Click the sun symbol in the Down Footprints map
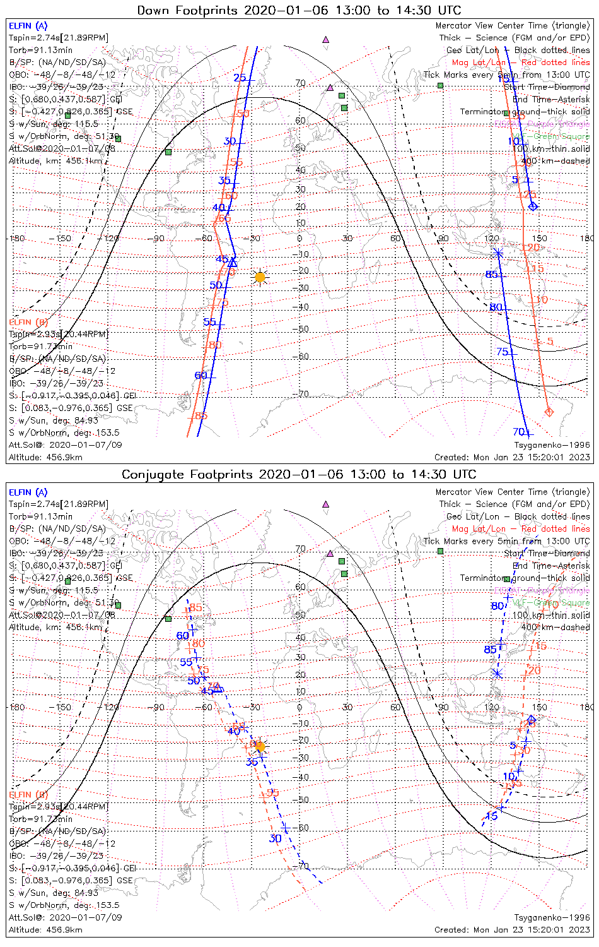[260, 277]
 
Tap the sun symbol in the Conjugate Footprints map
[260, 746]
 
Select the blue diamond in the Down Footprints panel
[533, 206]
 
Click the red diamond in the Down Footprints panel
[549, 412]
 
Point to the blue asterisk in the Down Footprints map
[498, 253]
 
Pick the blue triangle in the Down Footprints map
[233, 261]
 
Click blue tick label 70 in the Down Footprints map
[519, 432]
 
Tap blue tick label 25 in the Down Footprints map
[240, 78]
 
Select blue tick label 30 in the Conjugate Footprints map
[275, 838]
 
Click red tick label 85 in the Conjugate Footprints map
[195, 608]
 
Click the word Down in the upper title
[154, 10]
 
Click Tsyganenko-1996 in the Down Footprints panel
[552, 445]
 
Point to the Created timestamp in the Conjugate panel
[512, 929]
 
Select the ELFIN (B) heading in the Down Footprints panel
[28, 323]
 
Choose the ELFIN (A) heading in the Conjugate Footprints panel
[28, 492]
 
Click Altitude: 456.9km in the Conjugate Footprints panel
[45, 929]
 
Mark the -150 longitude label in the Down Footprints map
[63, 239]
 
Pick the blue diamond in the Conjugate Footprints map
[532, 718]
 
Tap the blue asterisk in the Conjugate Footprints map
[497, 674]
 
